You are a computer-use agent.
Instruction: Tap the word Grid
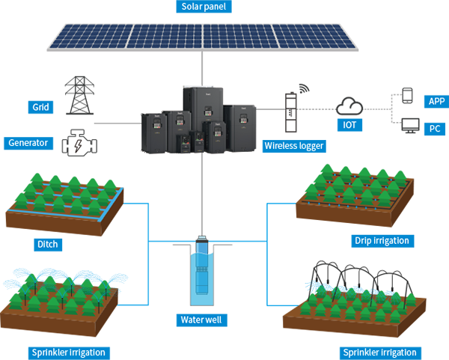[40, 107]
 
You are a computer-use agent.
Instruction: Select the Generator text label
[28, 142]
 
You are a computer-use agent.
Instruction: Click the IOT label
[349, 125]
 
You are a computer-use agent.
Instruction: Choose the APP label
[436, 101]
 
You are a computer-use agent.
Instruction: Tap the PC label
[435, 128]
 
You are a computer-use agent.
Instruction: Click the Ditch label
[48, 243]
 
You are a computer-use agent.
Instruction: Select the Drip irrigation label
[382, 240]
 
